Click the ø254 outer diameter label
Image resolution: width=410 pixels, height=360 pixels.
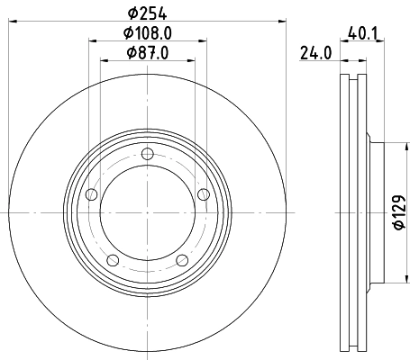[148, 13]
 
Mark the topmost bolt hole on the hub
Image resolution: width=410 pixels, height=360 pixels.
[147, 155]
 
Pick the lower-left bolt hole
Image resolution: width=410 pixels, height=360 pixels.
[112, 260]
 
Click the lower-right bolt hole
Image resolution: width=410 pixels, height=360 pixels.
[182, 260]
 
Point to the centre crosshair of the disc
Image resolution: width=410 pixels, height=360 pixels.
[147, 213]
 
